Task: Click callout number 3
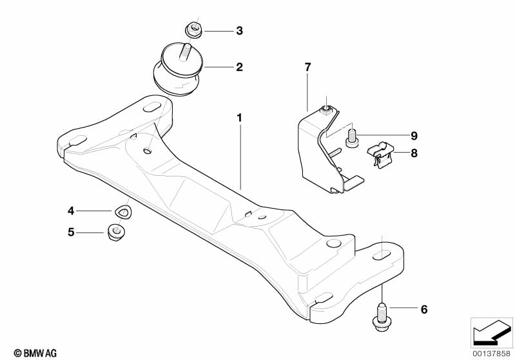[x=239, y=31]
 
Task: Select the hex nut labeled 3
[x=194, y=30]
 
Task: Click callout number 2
[x=239, y=67]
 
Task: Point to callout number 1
[x=239, y=117]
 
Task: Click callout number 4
[x=71, y=211]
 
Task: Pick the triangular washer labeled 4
[x=123, y=211]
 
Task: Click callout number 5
[x=71, y=232]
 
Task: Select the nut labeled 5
[x=116, y=232]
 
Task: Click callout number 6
[x=424, y=309]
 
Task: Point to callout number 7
[x=307, y=67]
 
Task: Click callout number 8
[x=414, y=153]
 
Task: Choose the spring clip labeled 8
[x=380, y=154]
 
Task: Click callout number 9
[x=414, y=135]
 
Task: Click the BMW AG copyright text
[x=35, y=353]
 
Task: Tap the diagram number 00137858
[x=492, y=354]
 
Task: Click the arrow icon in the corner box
[x=492, y=334]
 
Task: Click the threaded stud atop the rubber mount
[x=184, y=53]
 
